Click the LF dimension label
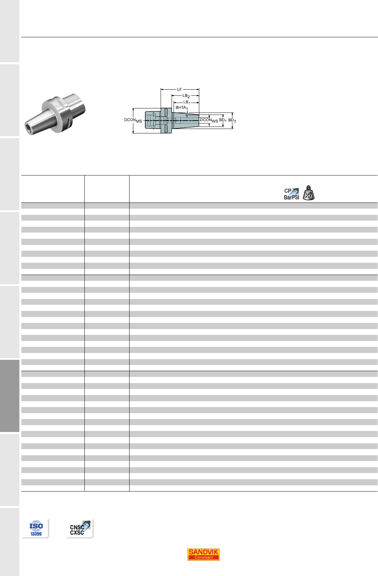click(179, 90)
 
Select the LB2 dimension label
click(186, 96)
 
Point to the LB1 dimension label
click(187, 102)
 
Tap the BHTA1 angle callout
click(182, 108)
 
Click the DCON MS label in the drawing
click(133, 120)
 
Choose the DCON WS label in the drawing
click(209, 120)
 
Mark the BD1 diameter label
click(223, 120)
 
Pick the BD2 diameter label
click(232, 120)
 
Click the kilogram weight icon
click(309, 193)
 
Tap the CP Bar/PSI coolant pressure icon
click(292, 194)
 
